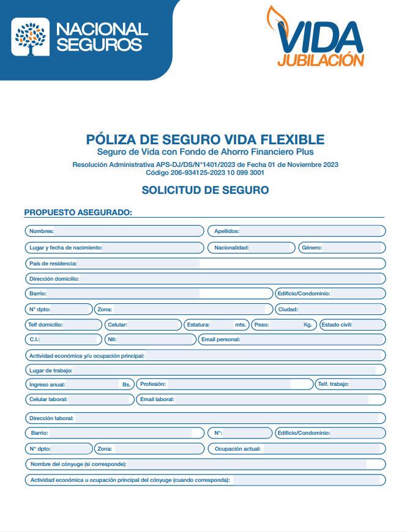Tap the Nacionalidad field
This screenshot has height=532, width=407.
(269, 248)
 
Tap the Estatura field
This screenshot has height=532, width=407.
(222, 325)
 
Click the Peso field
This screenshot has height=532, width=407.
(286, 325)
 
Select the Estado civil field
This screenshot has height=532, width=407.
(367, 325)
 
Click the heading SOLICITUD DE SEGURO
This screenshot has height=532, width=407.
(205, 190)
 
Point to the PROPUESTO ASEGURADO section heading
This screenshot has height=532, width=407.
(78, 212)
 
